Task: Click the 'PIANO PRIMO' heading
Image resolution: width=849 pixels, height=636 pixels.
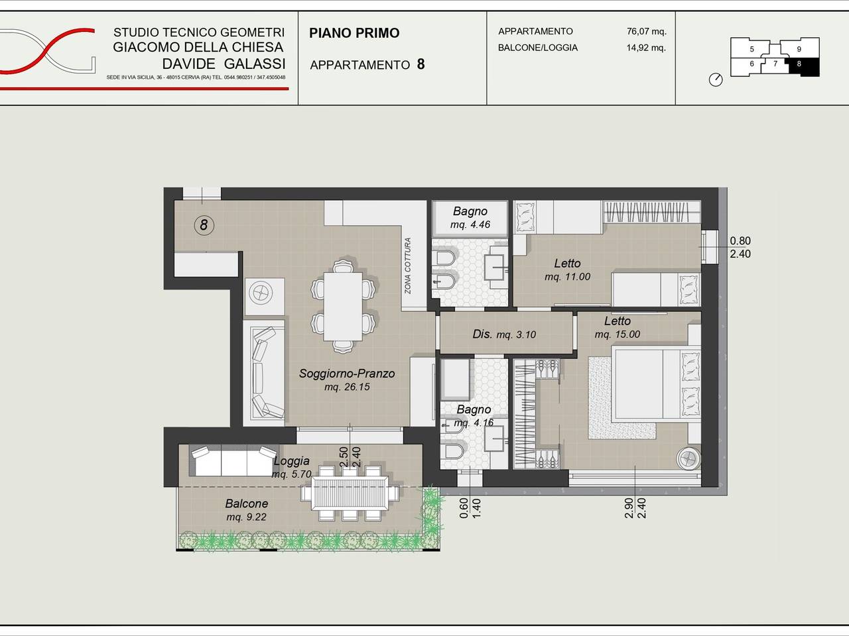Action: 354,33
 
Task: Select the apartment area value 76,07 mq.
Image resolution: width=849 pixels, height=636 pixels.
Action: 646,31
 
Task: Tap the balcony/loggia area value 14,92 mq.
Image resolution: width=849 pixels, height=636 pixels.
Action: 646,48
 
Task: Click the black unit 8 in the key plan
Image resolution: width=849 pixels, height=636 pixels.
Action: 804,66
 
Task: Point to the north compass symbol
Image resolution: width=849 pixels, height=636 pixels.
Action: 716,79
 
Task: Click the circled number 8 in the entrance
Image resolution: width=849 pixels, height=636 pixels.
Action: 204,225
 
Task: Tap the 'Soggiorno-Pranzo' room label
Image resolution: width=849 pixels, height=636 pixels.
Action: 347,374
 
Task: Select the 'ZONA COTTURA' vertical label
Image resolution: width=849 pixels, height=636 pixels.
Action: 408,265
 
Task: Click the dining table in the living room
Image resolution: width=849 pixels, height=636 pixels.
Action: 343,307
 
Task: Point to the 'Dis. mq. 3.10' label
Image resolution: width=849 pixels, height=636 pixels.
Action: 504,334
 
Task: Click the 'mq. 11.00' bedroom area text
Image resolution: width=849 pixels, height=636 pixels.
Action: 567,276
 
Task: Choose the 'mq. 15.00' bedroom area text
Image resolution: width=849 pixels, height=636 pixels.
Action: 618,334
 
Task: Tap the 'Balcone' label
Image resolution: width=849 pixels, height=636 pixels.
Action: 246,503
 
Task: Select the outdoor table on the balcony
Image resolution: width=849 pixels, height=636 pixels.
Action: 350,493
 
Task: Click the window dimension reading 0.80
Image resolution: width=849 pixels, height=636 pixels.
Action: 740,240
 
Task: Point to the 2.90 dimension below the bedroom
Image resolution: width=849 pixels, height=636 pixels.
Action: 629,507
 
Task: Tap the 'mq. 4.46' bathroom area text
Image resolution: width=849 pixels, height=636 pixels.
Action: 470,225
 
